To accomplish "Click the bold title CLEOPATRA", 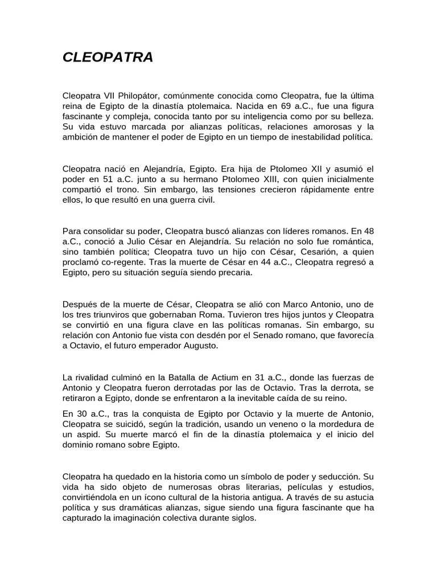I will pyautogui.click(x=108, y=58).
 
